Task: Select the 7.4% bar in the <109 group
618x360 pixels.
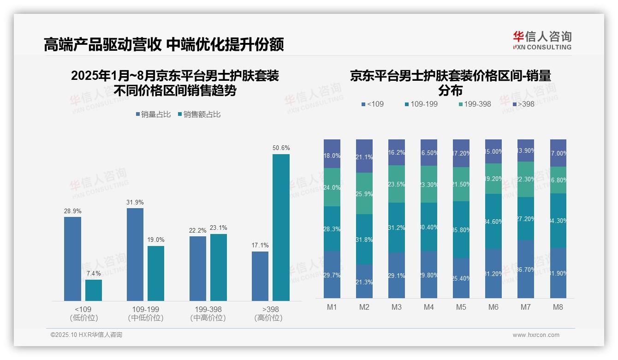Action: [x=94, y=290]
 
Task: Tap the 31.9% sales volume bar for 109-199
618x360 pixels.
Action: [x=135, y=254]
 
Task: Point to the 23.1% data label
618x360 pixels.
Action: [x=218, y=228]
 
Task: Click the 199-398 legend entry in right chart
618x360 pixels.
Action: [x=475, y=104]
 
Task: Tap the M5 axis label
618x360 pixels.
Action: [x=461, y=307]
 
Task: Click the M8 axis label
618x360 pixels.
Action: [x=558, y=307]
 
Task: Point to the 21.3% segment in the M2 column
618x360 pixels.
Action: [x=364, y=281]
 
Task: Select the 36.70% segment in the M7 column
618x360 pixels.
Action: [x=526, y=269]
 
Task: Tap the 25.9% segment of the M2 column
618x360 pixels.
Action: [x=364, y=193]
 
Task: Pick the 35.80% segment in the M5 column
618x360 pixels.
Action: [x=461, y=229]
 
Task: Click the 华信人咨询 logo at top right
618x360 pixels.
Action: [x=542, y=40]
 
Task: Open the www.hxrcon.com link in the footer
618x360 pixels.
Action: [x=536, y=335]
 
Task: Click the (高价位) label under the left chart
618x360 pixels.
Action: [x=268, y=318]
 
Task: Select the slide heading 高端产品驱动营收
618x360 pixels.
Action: [x=102, y=44]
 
